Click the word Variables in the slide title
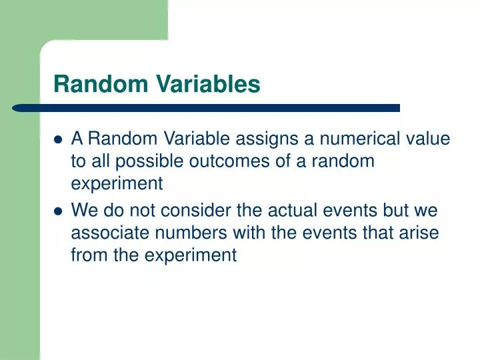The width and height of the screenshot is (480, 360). click(209, 84)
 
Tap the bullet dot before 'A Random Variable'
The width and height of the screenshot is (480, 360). click(58, 140)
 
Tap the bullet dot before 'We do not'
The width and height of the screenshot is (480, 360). click(58, 211)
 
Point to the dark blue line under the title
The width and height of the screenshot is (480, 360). click(207, 107)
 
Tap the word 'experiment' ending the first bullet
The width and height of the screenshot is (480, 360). click(117, 184)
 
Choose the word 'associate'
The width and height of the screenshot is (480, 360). click(104, 233)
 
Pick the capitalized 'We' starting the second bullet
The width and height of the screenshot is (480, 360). click(83, 210)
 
